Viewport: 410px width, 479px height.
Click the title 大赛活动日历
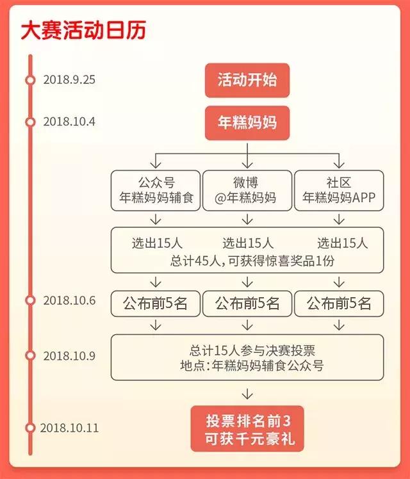(x=83, y=29)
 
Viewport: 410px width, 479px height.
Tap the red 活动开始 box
(x=247, y=80)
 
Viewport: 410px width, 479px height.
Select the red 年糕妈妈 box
(x=247, y=122)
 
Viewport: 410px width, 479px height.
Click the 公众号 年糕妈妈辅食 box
(x=156, y=190)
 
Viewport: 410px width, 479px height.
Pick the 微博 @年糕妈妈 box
(x=247, y=190)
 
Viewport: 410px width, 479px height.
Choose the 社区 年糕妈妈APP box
(x=339, y=190)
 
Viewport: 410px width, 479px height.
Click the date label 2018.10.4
(x=69, y=121)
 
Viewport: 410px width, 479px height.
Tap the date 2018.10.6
(x=69, y=300)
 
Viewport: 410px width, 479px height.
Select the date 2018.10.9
(x=69, y=355)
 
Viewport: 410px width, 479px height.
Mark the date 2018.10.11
(x=69, y=428)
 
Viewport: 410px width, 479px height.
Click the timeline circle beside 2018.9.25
(x=29, y=80)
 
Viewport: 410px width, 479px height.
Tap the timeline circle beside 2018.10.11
(x=29, y=428)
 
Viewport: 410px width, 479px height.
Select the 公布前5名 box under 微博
(x=247, y=303)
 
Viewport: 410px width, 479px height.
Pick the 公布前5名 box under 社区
(x=339, y=303)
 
